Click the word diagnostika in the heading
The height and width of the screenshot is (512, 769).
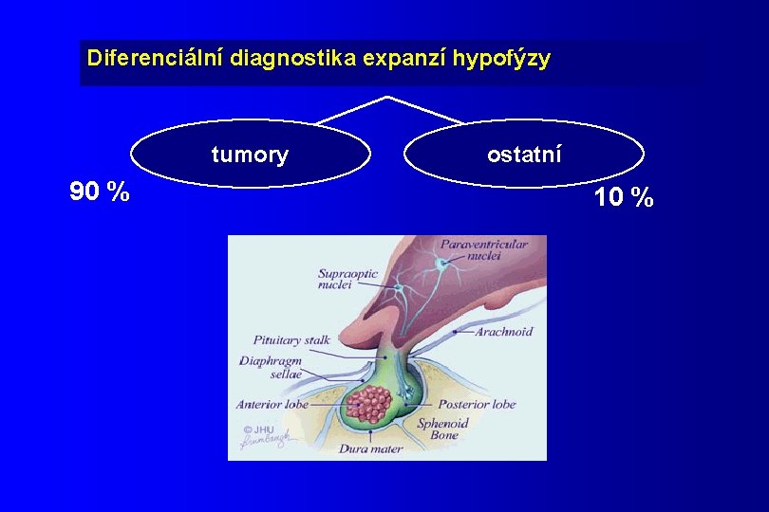point(282,58)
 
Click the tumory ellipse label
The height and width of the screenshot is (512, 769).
point(250,155)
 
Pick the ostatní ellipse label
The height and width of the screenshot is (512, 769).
point(524,153)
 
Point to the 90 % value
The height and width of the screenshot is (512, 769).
point(100,192)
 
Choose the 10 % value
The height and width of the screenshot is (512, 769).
point(624,197)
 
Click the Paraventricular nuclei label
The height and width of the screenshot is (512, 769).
point(483,250)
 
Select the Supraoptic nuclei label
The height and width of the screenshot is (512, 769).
point(347,279)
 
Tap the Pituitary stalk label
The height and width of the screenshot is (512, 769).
point(291,339)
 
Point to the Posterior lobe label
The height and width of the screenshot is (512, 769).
point(478,404)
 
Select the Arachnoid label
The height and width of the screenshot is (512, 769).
point(504,332)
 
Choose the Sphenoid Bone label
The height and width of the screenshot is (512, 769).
point(443,430)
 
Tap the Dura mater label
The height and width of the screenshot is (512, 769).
point(370,448)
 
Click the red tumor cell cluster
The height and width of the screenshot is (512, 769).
point(367,404)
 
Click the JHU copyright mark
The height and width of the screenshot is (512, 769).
point(254,429)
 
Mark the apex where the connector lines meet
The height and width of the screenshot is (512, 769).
point(386,97)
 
